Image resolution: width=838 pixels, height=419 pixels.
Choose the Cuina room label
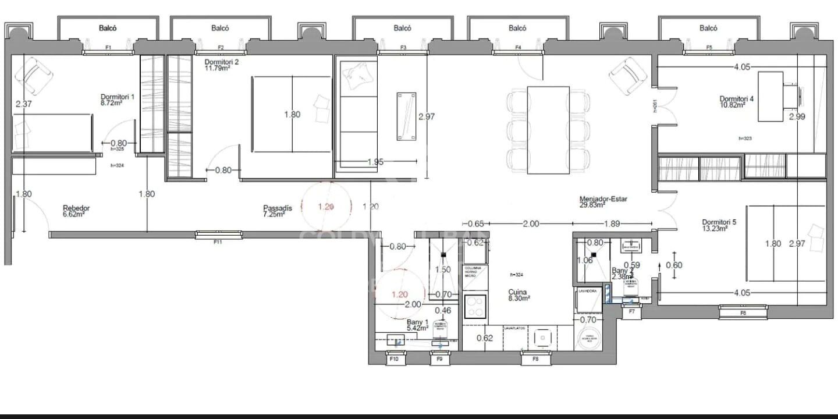point(517,294)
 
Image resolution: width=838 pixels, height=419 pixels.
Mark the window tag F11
point(219,241)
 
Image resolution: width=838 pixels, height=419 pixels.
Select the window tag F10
point(394,360)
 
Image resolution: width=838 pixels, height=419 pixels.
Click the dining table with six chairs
point(548,130)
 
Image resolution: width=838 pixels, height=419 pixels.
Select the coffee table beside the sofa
point(406,116)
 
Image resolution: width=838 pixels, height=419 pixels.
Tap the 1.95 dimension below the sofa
point(375,162)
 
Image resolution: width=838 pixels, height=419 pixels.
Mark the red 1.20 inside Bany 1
point(399,294)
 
